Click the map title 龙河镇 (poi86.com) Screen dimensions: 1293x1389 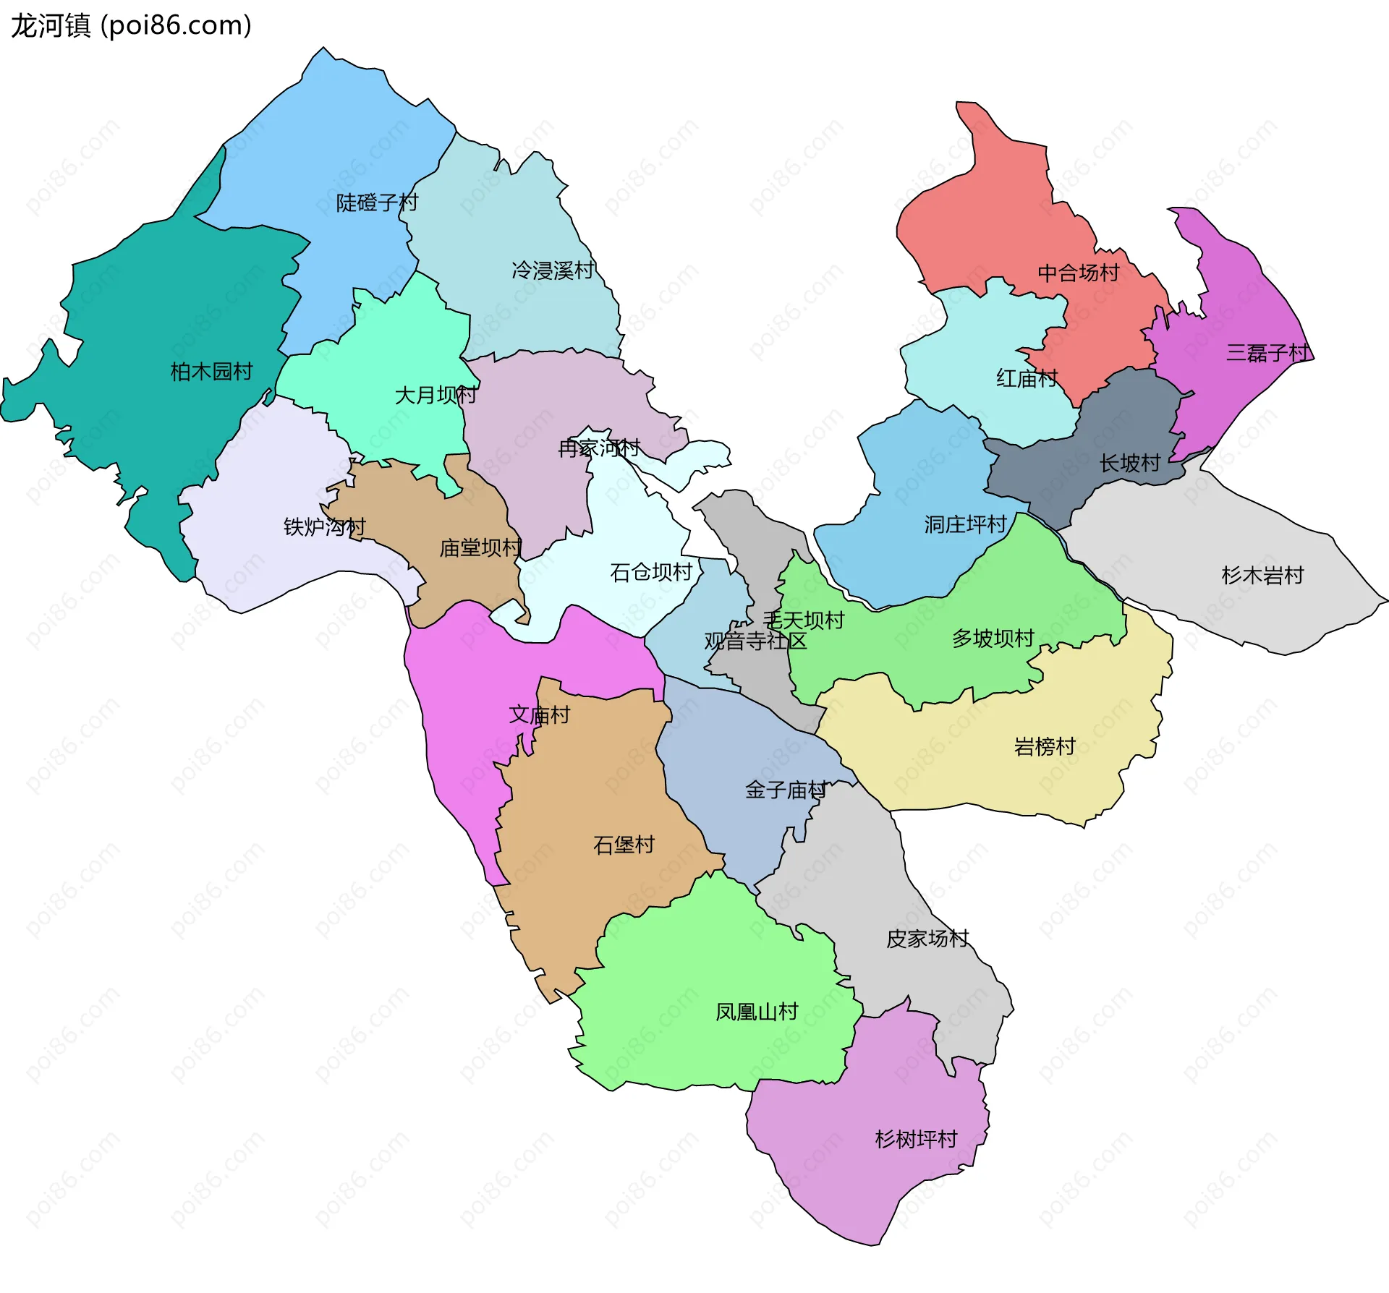(131, 25)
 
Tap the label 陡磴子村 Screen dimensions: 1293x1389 (377, 202)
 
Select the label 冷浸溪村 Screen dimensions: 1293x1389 (553, 270)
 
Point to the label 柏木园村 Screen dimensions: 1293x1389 (211, 372)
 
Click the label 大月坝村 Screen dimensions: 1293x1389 (436, 395)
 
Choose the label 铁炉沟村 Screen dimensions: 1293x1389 (324, 526)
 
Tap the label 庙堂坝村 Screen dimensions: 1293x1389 (480, 548)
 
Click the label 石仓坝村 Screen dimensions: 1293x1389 (651, 572)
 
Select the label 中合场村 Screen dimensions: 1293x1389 (1078, 273)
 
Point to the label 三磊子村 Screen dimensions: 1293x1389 (1267, 353)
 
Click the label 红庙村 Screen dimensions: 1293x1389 (1027, 378)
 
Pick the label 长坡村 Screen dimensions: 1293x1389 (1129, 463)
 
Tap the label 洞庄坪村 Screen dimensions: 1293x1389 (965, 524)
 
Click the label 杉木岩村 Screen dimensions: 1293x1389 (1262, 576)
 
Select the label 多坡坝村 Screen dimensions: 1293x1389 (993, 639)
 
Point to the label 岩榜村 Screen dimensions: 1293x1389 (1045, 746)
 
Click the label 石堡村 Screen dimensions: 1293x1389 (624, 845)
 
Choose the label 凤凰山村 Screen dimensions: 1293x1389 (756, 1012)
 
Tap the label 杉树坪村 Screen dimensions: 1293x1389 (916, 1139)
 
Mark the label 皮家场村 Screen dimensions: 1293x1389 (927, 939)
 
